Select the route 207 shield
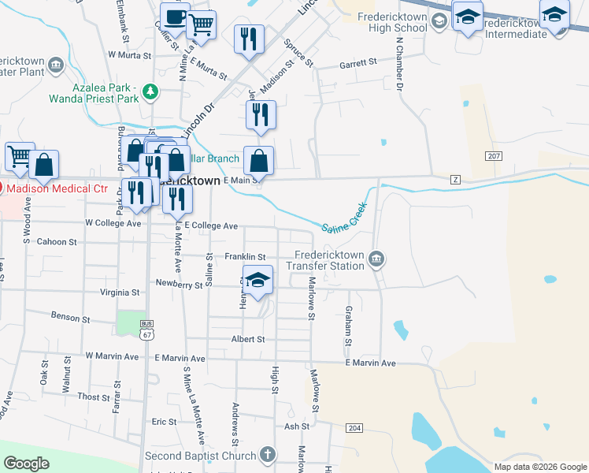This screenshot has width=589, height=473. pyautogui.click(x=494, y=156)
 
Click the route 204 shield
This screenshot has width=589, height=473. pyautogui.click(x=354, y=427)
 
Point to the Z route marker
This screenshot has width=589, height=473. pyautogui.click(x=455, y=180)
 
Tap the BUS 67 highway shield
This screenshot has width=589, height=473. pyautogui.click(x=146, y=330)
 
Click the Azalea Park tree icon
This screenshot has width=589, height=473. pyautogui.click(x=150, y=93)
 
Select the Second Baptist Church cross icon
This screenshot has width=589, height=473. pyautogui.click(x=268, y=455)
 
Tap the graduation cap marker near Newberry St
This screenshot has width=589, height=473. pyautogui.click(x=257, y=281)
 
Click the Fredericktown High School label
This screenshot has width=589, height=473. pyautogui.click(x=391, y=22)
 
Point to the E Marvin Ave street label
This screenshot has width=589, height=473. pyautogui.click(x=369, y=363)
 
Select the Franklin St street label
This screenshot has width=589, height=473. pyautogui.click(x=245, y=257)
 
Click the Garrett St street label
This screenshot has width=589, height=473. pyautogui.click(x=358, y=66)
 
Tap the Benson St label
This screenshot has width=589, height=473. pyautogui.click(x=71, y=317)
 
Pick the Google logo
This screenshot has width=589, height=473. pyautogui.click(x=26, y=464)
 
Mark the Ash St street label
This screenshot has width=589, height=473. pyautogui.click(x=297, y=426)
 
